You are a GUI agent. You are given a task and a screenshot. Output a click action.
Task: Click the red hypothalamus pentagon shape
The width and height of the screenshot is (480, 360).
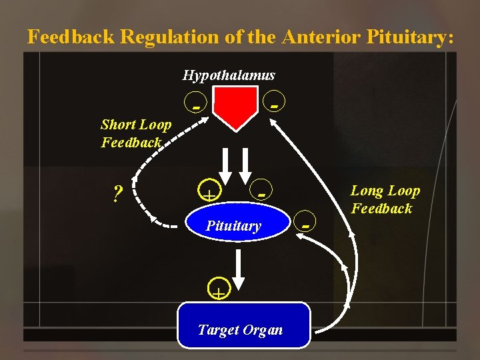pyautogui.click(x=235, y=107)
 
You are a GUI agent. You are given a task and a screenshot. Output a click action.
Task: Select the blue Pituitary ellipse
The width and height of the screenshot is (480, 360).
pyautogui.click(x=233, y=225)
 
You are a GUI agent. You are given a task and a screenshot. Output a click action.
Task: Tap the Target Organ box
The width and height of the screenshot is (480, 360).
pyautogui.click(x=244, y=326)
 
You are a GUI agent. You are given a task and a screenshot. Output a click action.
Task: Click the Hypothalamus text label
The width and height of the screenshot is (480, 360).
pyautogui.click(x=229, y=75)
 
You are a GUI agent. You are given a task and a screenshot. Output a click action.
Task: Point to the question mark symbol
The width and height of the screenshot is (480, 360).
pyautogui.click(x=117, y=194)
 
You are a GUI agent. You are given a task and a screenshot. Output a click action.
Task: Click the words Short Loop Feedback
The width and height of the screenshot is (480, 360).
pyautogui.click(x=135, y=133)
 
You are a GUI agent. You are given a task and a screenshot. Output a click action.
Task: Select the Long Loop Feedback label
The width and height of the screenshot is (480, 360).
pyautogui.click(x=385, y=199)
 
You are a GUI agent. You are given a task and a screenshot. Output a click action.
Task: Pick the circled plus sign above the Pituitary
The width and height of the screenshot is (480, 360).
pyautogui.click(x=209, y=194)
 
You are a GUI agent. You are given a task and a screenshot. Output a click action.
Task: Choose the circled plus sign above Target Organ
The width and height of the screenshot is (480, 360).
pyautogui.click(x=218, y=289)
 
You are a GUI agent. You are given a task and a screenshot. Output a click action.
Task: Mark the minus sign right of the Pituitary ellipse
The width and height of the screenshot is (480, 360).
pyautogui.click(x=305, y=225)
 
